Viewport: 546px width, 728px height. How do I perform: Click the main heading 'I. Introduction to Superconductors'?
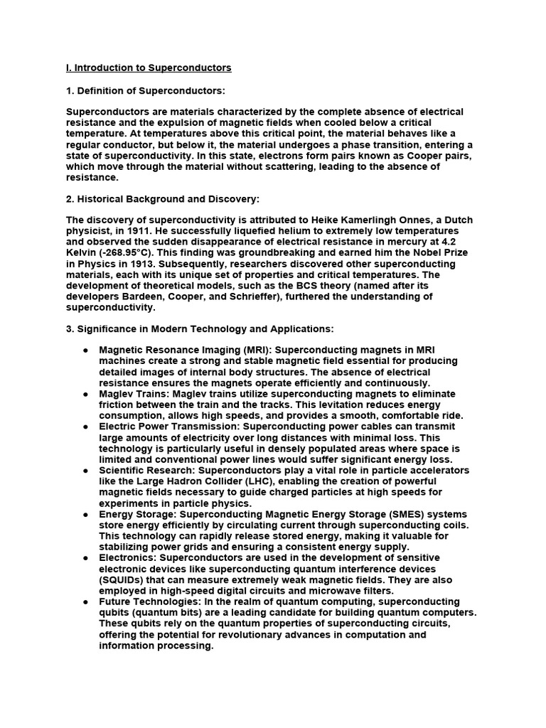click(x=149, y=68)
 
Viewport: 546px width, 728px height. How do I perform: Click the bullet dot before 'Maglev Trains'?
click(x=85, y=394)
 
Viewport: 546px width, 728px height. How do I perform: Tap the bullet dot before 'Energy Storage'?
click(x=85, y=515)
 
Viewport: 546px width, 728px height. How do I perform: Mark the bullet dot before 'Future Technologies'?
click(x=85, y=601)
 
